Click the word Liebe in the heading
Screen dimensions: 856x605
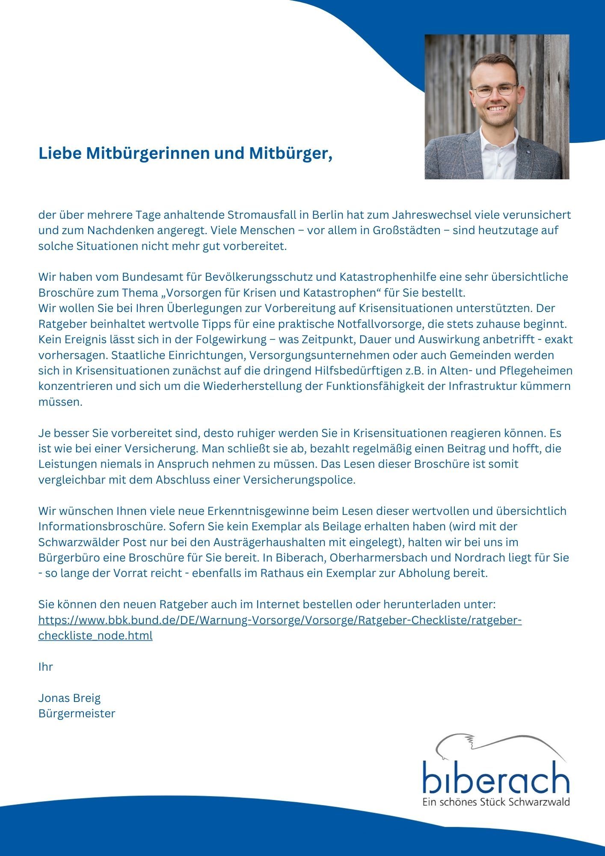pos(60,153)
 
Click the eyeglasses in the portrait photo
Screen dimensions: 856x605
pos(494,90)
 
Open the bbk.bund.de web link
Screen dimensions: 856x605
pos(280,620)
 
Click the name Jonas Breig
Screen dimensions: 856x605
pos(69,698)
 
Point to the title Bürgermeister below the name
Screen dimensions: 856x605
pos(77,713)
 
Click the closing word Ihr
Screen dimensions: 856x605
pos(45,667)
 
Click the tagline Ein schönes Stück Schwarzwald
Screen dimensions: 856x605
pos(496,802)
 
